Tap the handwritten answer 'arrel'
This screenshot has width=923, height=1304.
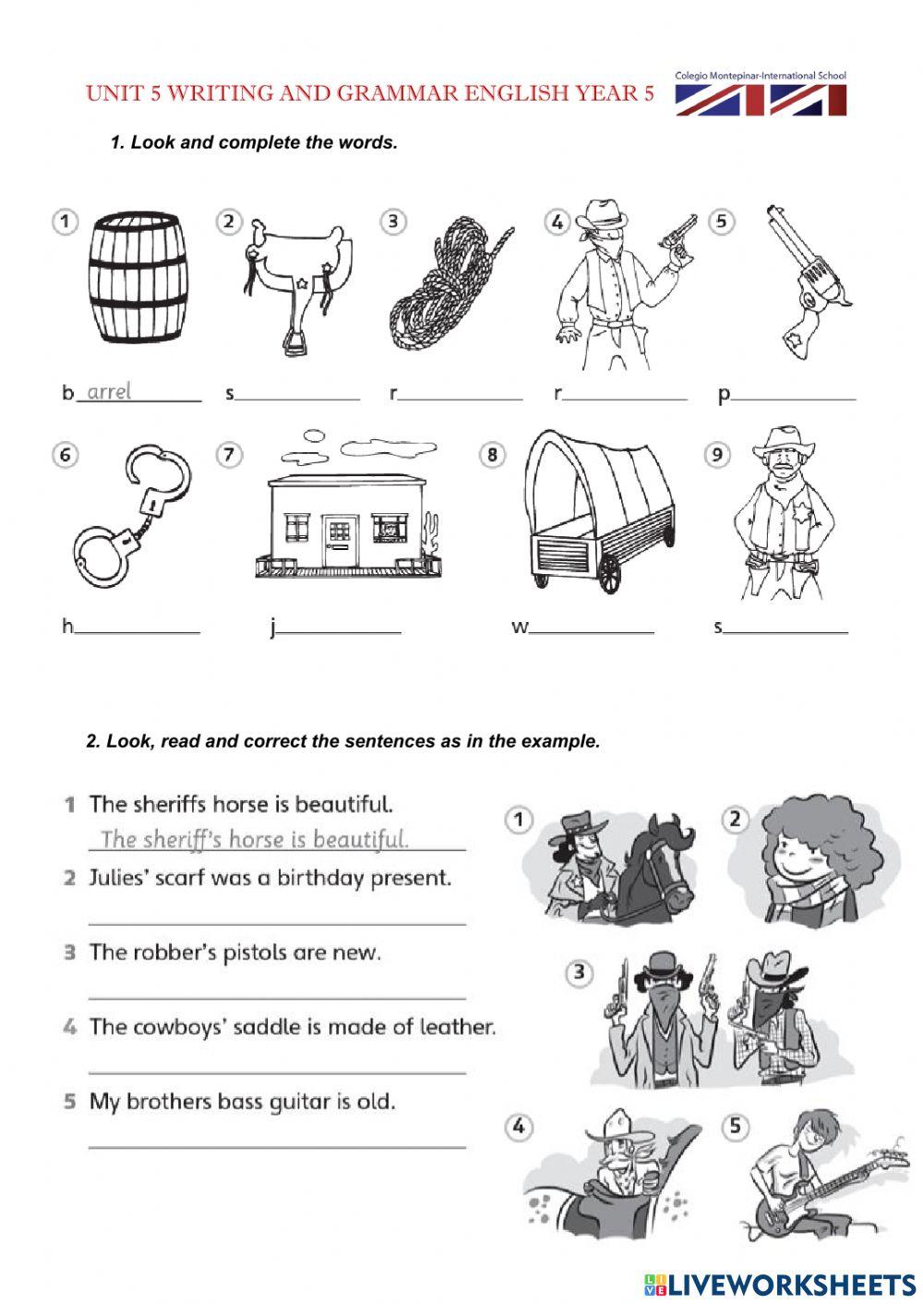[x=108, y=392]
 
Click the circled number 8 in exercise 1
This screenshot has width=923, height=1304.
[x=493, y=454]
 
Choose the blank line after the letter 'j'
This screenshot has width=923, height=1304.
[x=339, y=632]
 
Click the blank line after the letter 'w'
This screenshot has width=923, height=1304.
[x=592, y=632]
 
